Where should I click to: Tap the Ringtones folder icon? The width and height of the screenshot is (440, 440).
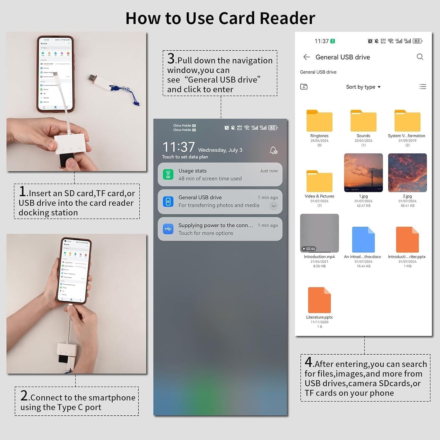pyautogui.click(x=319, y=121)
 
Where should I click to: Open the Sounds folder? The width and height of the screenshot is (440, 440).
pyautogui.click(x=363, y=121)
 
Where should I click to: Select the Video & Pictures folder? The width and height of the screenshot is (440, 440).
pyautogui.click(x=319, y=181)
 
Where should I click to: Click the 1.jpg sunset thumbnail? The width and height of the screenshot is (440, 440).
pyautogui.click(x=363, y=173)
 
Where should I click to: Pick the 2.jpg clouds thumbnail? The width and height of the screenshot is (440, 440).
pyautogui.click(x=407, y=173)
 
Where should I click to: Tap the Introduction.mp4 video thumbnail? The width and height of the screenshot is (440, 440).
pyautogui.click(x=319, y=233)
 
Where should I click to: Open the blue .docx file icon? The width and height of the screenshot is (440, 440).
pyautogui.click(x=363, y=240)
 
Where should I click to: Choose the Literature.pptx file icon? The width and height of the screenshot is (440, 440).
pyautogui.click(x=319, y=300)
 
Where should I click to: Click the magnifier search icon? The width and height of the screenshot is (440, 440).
pyautogui.click(x=420, y=57)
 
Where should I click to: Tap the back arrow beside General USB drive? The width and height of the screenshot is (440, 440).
pyautogui.click(x=307, y=57)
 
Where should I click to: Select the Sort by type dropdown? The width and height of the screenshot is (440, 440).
pyautogui.click(x=363, y=87)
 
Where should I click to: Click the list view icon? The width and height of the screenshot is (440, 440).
pyautogui.click(x=423, y=87)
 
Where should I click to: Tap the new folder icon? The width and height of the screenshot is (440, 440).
pyautogui.click(x=304, y=87)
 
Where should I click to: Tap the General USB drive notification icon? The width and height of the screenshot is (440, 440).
pyautogui.click(x=168, y=202)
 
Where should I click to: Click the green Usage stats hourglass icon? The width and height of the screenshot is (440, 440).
pyautogui.click(x=168, y=175)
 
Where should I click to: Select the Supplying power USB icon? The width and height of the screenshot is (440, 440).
pyautogui.click(x=168, y=229)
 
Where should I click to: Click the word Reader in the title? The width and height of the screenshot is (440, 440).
pyautogui.click(x=287, y=18)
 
